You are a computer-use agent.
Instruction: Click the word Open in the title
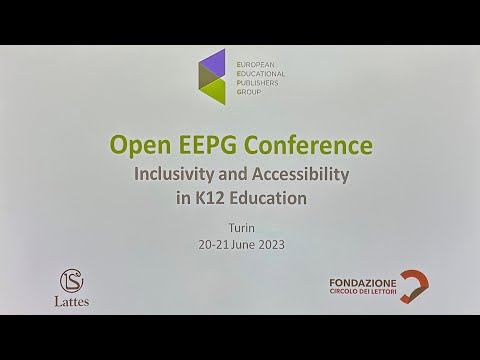tap(139, 146)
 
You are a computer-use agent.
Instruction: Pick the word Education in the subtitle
tap(268, 197)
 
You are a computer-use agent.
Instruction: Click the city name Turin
tap(240, 228)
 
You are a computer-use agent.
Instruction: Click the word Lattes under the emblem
tap(71, 301)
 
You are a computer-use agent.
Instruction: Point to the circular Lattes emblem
tap(72, 279)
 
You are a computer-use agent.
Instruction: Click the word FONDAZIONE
tap(362, 284)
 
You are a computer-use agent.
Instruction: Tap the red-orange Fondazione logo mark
tap(414, 287)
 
